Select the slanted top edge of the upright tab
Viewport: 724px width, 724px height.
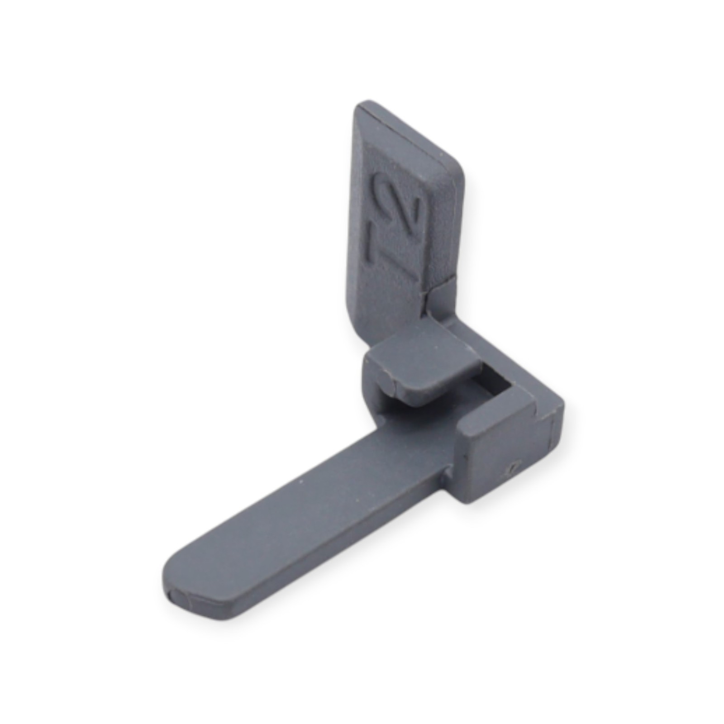pyautogui.click(x=407, y=134)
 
